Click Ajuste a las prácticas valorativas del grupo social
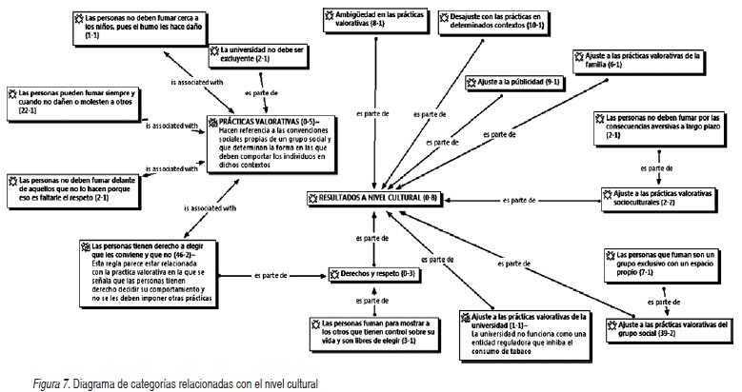pyautogui.click(x=672, y=328)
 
